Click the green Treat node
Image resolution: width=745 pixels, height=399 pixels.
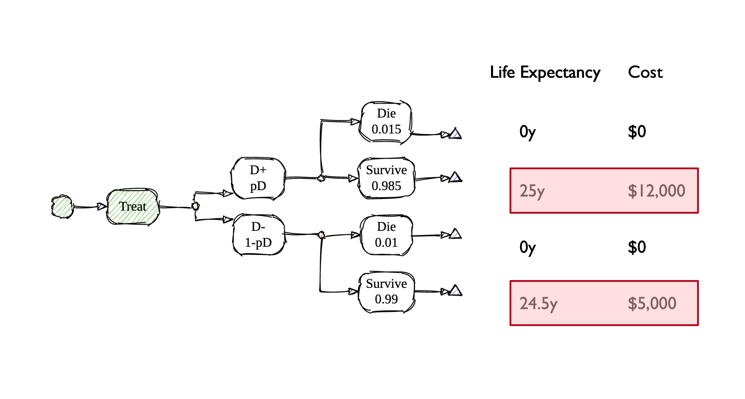pos(133,207)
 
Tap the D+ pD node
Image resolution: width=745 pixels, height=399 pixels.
pos(258,178)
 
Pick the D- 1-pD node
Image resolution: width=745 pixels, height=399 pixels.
pos(258,235)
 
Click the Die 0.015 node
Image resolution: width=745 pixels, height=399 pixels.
pos(386,122)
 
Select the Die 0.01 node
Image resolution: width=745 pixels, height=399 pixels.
pos(386,235)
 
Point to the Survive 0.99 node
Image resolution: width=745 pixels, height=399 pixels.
pos(386,291)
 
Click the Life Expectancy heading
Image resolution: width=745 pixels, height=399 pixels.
pos(545,72)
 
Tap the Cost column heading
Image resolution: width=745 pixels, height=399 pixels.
pos(645,72)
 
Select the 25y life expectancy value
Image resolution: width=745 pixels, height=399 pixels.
pos(532,191)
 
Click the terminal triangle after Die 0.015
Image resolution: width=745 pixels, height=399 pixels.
pos(456,134)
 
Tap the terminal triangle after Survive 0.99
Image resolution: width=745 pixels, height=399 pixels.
pos(456,291)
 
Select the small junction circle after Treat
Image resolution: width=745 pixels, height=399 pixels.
pos(196,206)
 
